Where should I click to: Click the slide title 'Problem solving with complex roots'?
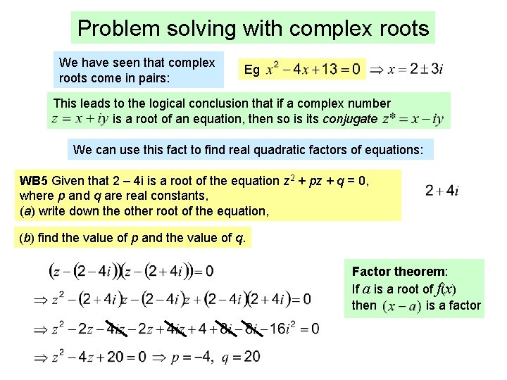253,28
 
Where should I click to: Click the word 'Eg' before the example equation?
251,70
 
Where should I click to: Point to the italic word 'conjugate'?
350,118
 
